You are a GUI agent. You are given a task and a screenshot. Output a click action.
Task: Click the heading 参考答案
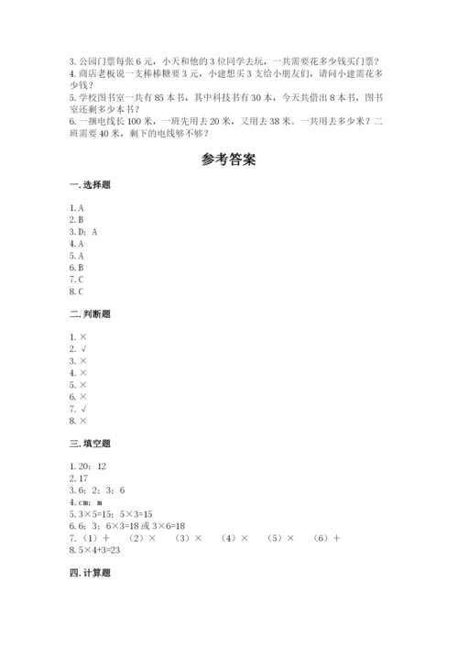pos(228,158)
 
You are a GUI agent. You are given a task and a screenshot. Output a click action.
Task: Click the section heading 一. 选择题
pos(89,186)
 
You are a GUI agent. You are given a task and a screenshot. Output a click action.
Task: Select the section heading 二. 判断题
pos(89,313)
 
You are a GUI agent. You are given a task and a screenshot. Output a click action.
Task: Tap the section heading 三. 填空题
pos(89,442)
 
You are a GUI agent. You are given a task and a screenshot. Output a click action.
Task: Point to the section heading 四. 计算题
pos(89,572)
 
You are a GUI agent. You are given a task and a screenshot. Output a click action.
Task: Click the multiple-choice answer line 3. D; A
pos(82,233)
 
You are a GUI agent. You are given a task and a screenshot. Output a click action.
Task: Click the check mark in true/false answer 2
pos(83,349)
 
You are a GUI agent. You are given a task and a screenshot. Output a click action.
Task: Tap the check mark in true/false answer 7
pos(83,409)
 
